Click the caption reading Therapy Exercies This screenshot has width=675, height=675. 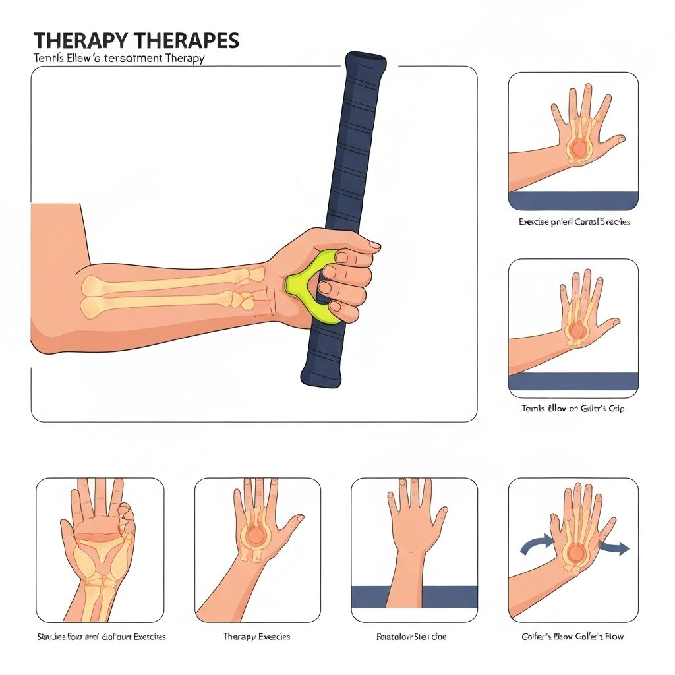click(x=256, y=637)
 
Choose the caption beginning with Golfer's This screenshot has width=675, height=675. click(x=573, y=637)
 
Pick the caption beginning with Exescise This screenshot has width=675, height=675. click(x=574, y=222)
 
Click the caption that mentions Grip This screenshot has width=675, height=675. click(x=573, y=409)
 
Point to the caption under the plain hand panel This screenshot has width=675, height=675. click(x=414, y=637)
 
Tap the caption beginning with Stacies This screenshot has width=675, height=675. click(x=101, y=637)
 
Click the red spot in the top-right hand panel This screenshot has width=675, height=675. click(x=579, y=148)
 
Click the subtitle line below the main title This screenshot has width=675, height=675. click(x=119, y=58)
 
